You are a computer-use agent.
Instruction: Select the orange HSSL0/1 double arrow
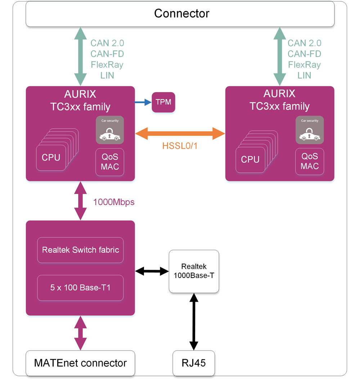180,133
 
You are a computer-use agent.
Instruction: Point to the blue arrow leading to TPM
143,102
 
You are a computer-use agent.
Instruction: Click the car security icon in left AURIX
109,130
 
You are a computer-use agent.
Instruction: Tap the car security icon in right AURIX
310,130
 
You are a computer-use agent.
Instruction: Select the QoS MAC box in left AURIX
109,162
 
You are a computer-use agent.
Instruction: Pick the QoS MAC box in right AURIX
310,162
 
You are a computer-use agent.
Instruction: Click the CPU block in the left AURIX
51,157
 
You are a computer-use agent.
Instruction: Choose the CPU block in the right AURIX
250,159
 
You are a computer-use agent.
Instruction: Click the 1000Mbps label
114,202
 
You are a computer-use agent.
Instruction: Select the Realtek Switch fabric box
80,250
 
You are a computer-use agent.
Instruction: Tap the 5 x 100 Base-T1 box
80,287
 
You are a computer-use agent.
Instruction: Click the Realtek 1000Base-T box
194,271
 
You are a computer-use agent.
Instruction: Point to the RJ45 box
194,363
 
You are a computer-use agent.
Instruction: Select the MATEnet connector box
80,363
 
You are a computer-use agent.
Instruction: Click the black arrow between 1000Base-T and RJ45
194,321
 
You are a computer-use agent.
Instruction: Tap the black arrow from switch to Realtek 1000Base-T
152,271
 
